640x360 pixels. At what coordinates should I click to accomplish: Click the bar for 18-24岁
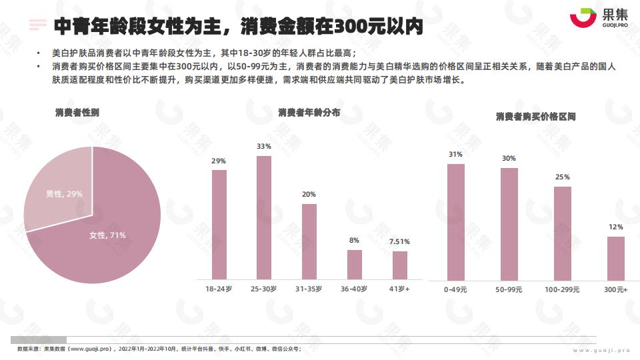(x=219, y=224)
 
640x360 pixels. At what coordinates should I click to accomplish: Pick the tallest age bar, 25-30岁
(x=264, y=217)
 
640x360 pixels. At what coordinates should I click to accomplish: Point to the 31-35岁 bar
(x=309, y=241)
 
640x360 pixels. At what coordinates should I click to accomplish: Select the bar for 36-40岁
(x=354, y=264)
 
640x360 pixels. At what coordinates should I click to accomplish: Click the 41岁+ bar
(x=399, y=265)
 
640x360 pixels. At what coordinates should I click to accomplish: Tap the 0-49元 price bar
(x=456, y=222)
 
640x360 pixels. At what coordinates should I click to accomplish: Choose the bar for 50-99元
(x=509, y=224)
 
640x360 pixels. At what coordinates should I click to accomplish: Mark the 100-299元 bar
(x=563, y=233)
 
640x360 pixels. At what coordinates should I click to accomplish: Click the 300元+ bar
(x=616, y=258)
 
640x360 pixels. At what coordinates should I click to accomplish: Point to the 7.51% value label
(x=399, y=242)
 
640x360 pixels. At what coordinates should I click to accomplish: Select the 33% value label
(x=264, y=147)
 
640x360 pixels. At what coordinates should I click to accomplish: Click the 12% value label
(x=616, y=227)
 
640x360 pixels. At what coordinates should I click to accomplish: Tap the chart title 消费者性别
(x=77, y=112)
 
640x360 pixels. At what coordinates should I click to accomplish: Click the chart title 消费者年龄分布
(x=309, y=112)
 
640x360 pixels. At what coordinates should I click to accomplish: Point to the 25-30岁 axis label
(x=264, y=289)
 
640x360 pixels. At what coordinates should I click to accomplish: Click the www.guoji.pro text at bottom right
(x=601, y=350)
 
